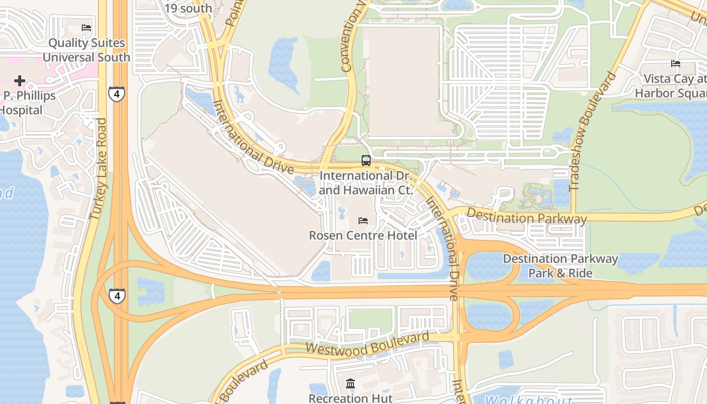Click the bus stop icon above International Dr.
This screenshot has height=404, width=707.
point(366,161)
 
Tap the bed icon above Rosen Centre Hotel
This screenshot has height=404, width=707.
point(363,221)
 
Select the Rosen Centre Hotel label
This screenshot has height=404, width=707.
point(363,235)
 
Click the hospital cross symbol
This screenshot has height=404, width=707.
point(20,81)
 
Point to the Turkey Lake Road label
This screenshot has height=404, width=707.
point(98,169)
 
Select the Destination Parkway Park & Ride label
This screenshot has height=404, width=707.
point(560,266)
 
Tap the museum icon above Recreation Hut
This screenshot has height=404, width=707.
point(350,384)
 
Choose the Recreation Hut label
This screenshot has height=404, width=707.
point(350,398)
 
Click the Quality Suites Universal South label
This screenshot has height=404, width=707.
point(86,50)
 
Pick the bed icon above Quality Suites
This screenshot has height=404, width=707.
point(86,28)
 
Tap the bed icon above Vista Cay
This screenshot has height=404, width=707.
point(676,64)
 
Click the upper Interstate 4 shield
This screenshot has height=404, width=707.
point(116,94)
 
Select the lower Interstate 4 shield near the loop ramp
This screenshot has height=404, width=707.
point(117,295)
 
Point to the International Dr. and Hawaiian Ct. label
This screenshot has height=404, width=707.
point(366,183)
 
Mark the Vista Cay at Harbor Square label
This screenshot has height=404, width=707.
point(672,86)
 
